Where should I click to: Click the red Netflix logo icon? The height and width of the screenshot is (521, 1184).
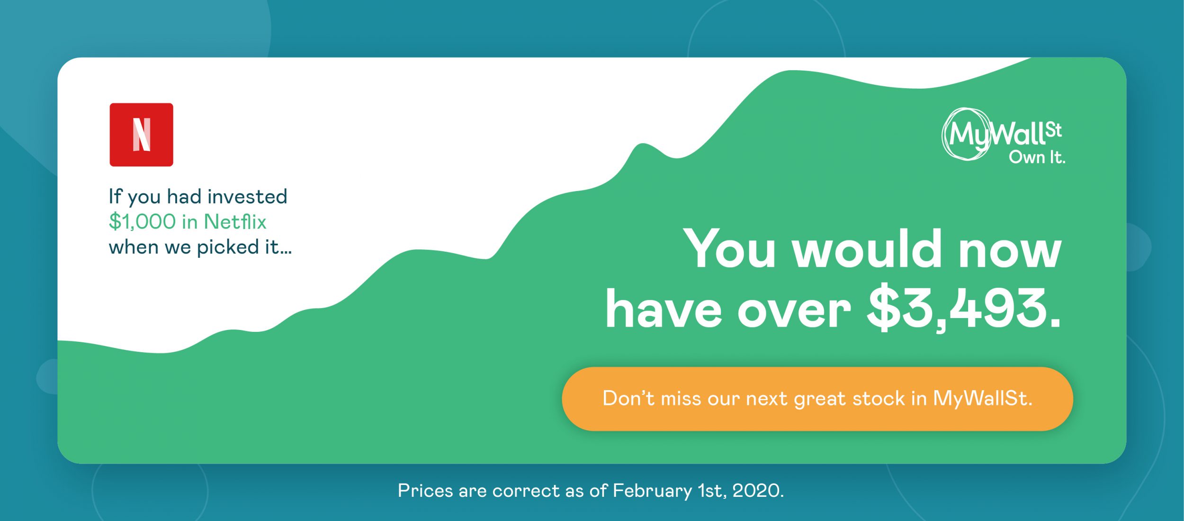pyautogui.click(x=141, y=135)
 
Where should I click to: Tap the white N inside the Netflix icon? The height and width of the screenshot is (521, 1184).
pyautogui.click(x=142, y=135)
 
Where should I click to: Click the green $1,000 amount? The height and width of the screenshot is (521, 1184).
pyautogui.click(x=142, y=222)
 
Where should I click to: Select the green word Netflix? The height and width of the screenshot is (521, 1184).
pyautogui.click(x=235, y=221)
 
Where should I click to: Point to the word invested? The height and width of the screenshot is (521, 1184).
pyautogui.click(x=247, y=197)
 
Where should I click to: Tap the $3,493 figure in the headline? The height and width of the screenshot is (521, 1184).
pyautogui.click(x=963, y=310)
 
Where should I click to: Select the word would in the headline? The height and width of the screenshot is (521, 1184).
pyautogui.click(x=867, y=248)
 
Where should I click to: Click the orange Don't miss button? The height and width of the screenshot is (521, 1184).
pyautogui.click(x=817, y=399)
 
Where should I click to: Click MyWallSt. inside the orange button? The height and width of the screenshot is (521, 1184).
pyautogui.click(x=982, y=398)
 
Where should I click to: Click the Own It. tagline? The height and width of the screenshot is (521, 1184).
pyautogui.click(x=1037, y=157)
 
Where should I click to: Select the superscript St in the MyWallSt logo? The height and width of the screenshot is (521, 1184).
pyautogui.click(x=1053, y=130)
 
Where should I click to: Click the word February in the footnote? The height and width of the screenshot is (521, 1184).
pyautogui.click(x=652, y=491)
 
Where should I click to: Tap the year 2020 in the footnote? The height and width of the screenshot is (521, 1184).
pyautogui.click(x=758, y=491)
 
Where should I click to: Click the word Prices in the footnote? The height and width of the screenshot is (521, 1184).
pyautogui.click(x=425, y=491)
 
